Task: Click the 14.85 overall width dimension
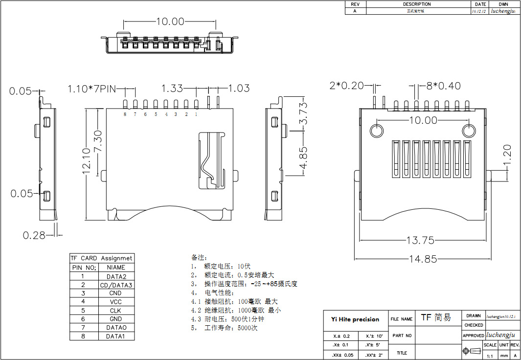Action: [424, 259]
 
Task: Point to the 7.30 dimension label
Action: [97, 141]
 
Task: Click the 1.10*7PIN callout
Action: [91, 89]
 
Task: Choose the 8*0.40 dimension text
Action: [443, 86]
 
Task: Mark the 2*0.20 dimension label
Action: [347, 86]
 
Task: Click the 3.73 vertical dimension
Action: [303, 112]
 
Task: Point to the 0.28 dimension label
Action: [34, 235]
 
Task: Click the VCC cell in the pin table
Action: [116, 302]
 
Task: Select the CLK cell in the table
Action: [116, 311]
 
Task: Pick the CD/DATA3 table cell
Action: [116, 285]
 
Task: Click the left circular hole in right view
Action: [377, 131]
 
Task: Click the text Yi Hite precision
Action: [355, 319]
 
